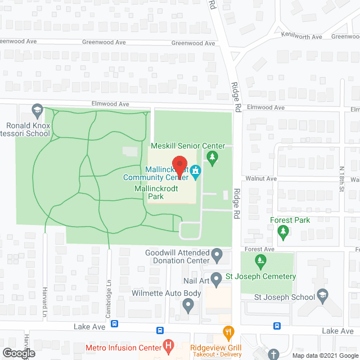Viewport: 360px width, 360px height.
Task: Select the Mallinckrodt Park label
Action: tap(156, 193)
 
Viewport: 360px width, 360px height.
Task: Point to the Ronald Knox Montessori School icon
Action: tap(37, 110)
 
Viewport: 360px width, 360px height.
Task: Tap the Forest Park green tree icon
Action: tap(284, 231)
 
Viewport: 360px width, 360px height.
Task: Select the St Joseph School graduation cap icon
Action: tap(322, 296)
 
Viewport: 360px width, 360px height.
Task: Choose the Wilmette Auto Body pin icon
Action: tap(188, 307)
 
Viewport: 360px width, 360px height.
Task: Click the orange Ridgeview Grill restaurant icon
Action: tap(228, 332)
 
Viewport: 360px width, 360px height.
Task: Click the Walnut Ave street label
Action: tap(264, 178)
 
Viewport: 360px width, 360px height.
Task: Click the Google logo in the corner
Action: tap(19, 353)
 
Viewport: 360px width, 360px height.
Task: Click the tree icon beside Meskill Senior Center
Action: tap(212, 160)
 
